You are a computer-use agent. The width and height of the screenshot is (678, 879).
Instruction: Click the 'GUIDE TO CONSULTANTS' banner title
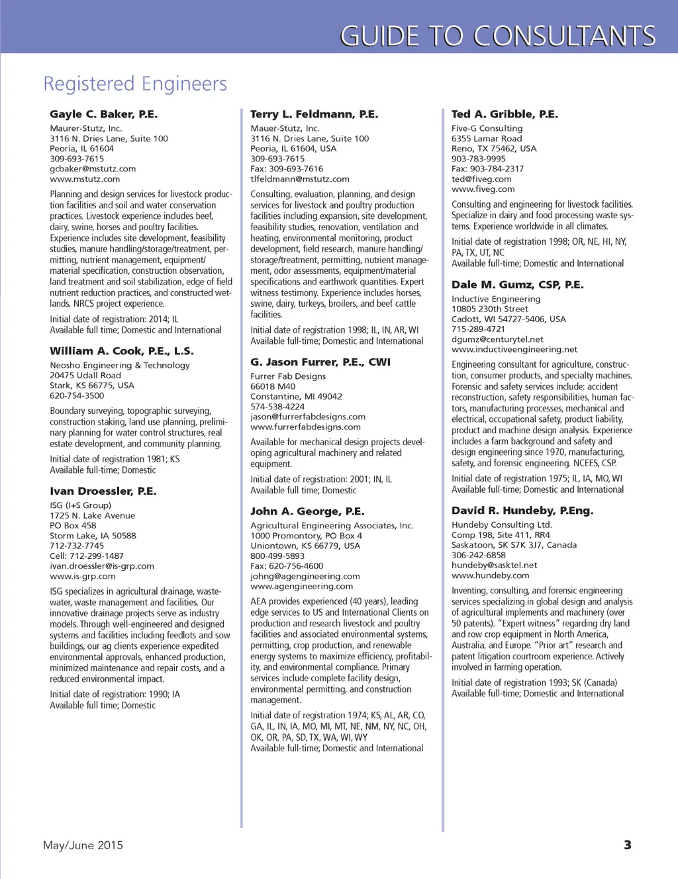tap(497, 36)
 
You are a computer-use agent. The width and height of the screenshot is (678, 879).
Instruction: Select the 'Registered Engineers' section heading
tap(135, 84)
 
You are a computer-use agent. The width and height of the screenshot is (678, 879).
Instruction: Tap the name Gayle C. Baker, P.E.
tap(104, 114)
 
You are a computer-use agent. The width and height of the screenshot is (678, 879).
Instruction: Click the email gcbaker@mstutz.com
tap(93, 169)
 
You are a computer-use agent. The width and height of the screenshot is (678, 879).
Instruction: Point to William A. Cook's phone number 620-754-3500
tap(77, 396)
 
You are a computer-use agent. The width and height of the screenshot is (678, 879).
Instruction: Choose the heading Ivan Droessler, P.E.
tap(103, 491)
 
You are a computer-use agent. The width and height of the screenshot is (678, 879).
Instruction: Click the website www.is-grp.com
tap(83, 576)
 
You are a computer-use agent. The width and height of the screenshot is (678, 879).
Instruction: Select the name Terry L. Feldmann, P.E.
tap(315, 114)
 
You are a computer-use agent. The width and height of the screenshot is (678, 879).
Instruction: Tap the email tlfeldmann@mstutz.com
tap(300, 179)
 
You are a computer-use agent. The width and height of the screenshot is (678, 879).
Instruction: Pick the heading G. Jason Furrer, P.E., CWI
tap(320, 362)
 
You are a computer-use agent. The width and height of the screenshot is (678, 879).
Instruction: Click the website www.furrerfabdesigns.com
tap(305, 427)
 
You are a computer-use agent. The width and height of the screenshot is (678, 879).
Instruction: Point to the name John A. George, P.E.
tap(307, 511)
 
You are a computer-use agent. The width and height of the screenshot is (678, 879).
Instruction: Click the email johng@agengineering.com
tap(305, 576)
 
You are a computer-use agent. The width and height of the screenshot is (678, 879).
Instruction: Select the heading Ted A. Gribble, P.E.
tap(505, 114)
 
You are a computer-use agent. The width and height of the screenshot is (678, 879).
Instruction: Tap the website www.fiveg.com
tap(483, 188)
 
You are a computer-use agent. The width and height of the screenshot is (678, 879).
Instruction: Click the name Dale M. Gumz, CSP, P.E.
tap(518, 284)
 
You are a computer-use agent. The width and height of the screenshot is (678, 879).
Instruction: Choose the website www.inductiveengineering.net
tap(514, 349)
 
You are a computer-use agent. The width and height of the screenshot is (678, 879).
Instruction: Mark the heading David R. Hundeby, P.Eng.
tap(522, 510)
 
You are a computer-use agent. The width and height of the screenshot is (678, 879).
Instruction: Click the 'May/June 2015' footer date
tap(83, 845)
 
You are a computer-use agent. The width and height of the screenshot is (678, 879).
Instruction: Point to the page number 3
tap(628, 845)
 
